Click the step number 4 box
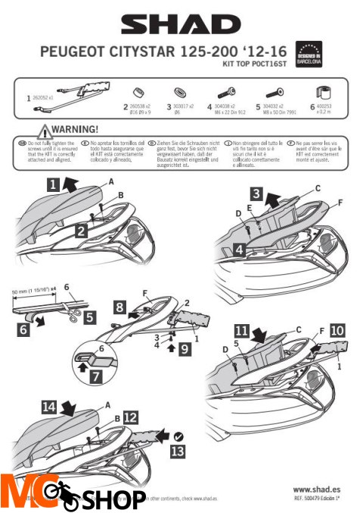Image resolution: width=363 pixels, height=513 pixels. coord(238,248)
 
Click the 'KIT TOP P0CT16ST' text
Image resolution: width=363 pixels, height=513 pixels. coord(270,66)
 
